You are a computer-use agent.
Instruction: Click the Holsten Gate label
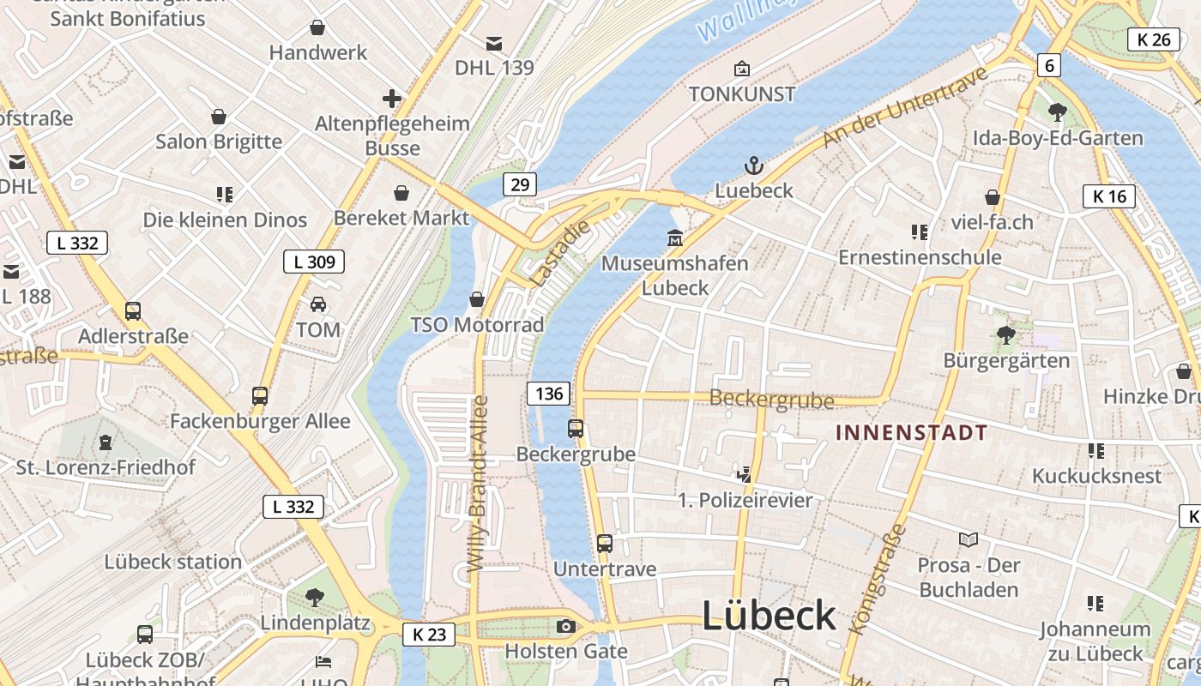pos(565,651)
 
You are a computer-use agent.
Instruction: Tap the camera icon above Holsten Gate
pos(565,626)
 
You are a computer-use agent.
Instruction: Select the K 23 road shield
pos(429,635)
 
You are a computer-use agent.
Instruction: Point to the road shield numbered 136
pos(548,394)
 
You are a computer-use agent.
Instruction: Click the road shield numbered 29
pos(521,184)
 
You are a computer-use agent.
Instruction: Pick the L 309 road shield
pos(314,262)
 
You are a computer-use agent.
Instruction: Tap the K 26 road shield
pos(1154,39)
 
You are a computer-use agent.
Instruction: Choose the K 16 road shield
pos(1109,196)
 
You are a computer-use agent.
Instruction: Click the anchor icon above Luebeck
pos(753,165)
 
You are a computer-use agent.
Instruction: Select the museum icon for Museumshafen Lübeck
pos(675,238)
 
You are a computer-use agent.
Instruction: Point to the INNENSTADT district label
pos(912,432)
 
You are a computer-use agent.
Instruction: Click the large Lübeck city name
pos(769,616)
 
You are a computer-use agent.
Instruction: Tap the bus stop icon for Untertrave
pos(605,543)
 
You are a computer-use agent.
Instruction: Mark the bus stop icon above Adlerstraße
pos(133,311)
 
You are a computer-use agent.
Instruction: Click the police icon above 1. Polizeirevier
pos(744,473)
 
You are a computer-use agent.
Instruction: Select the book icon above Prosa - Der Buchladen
pos(969,539)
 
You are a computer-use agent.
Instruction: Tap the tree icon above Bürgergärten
pos(1006,335)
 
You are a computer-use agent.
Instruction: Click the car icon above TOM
pos(318,304)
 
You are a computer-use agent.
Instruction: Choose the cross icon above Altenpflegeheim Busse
pos(392,99)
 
